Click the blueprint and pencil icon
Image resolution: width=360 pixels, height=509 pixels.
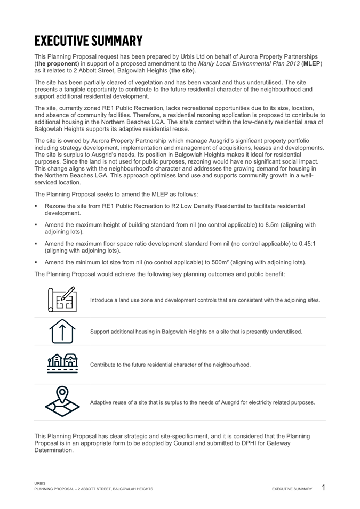coord(62,300)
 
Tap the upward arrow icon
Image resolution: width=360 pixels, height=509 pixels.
coord(62,332)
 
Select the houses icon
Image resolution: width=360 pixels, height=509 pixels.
coord(62,365)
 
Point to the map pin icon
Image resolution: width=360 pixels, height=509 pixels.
coord(62,402)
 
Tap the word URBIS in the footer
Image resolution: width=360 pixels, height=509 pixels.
coord(39,483)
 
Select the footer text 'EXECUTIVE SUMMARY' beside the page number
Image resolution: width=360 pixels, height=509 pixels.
coord(292,489)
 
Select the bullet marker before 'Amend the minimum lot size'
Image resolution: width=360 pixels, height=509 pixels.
coord(36,262)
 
